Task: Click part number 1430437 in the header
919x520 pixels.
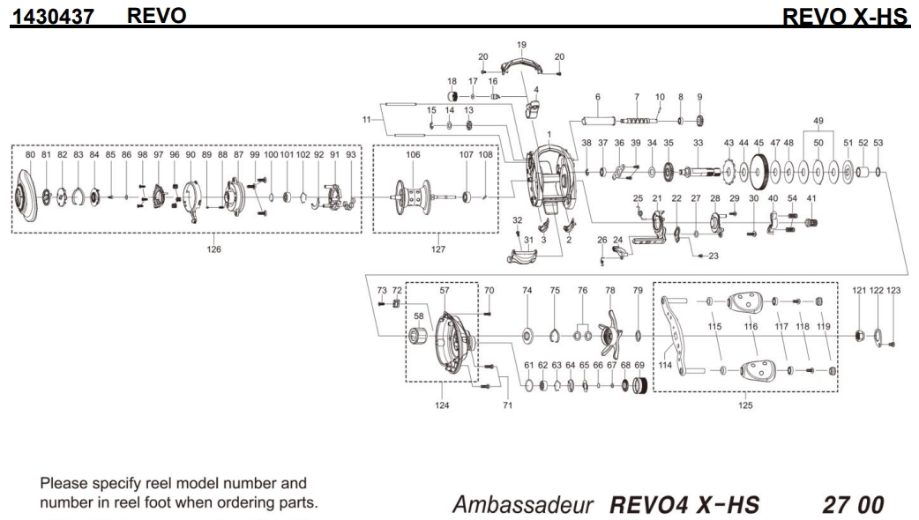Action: pyautogui.click(x=52, y=16)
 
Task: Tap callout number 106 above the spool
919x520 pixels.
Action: pyautogui.click(x=413, y=155)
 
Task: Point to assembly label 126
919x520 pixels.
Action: pyautogui.click(x=214, y=249)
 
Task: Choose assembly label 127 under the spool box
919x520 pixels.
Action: pyautogui.click(x=438, y=249)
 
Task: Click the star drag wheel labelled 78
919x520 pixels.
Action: pyautogui.click(x=609, y=334)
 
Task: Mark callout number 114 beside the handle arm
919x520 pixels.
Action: pyautogui.click(x=665, y=365)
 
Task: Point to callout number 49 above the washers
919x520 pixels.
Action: pyautogui.click(x=818, y=121)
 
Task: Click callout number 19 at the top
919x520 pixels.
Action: pyautogui.click(x=521, y=45)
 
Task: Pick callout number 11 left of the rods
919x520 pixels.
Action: pyautogui.click(x=368, y=119)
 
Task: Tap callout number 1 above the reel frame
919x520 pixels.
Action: pyautogui.click(x=549, y=135)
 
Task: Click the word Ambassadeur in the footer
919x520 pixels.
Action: pyautogui.click(x=525, y=505)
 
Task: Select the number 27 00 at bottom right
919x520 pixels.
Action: pyautogui.click(x=852, y=505)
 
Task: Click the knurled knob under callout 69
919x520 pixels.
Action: pyautogui.click(x=641, y=385)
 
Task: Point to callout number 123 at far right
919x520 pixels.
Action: pyautogui.click(x=893, y=290)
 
